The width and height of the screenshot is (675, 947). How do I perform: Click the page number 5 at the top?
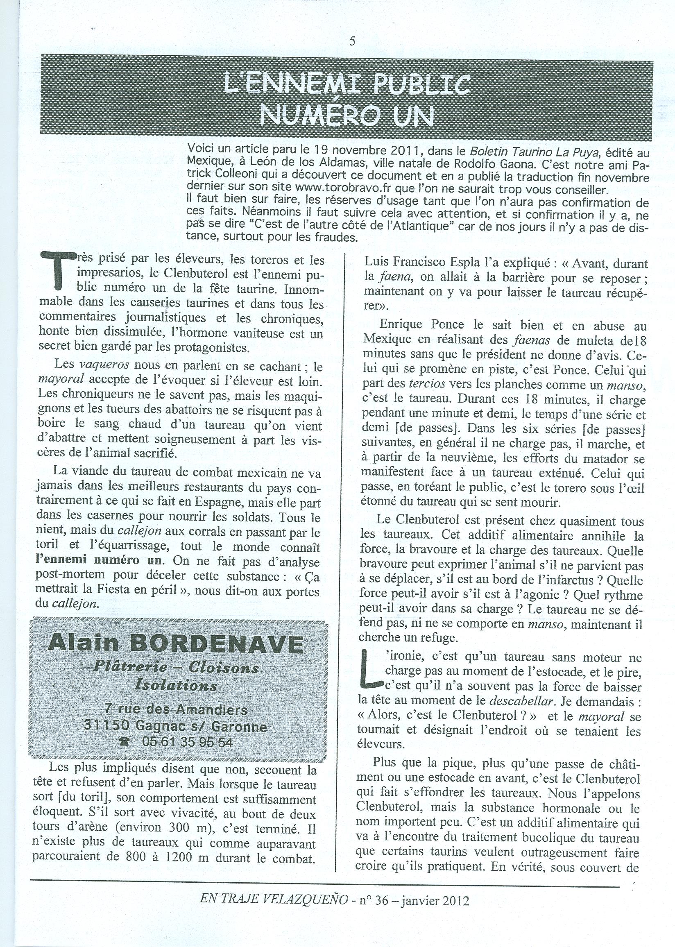[353, 41]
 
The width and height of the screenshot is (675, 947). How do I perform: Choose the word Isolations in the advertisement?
[176, 685]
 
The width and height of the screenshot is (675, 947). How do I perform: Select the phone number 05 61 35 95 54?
[187, 742]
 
